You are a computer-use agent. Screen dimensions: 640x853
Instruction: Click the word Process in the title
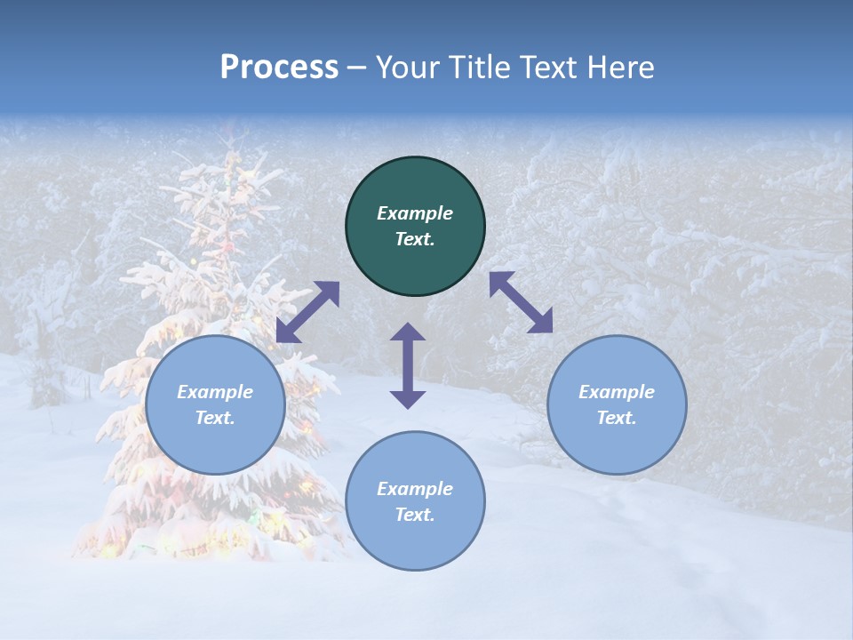pyautogui.click(x=279, y=68)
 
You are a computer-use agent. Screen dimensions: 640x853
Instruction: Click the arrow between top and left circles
pyautogui.click(x=307, y=312)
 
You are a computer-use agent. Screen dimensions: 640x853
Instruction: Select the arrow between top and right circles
pyautogui.click(x=521, y=302)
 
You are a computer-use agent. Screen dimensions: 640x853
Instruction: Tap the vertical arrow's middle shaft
pyautogui.click(x=408, y=365)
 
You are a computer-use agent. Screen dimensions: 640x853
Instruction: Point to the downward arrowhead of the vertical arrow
pyautogui.click(x=408, y=399)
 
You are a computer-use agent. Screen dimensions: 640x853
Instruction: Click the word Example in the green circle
pyautogui.click(x=415, y=213)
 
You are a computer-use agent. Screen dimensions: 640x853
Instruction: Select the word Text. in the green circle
pyautogui.click(x=415, y=239)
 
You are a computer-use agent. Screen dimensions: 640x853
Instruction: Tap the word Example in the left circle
pyautogui.click(x=215, y=392)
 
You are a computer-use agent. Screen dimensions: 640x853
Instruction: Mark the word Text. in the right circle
pyautogui.click(x=617, y=418)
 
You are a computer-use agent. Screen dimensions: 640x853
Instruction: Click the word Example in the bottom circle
pyautogui.click(x=415, y=489)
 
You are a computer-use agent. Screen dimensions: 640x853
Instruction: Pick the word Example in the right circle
pyautogui.click(x=617, y=392)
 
